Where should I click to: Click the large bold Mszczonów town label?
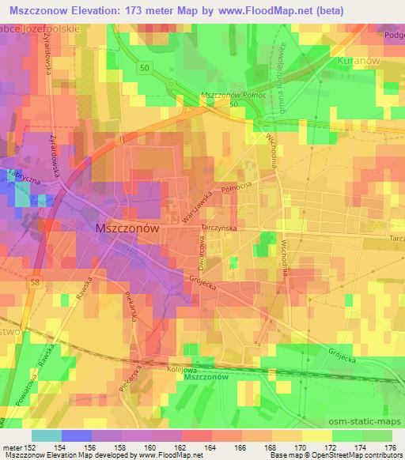coord(127,226)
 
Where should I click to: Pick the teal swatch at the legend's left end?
coord(46,435)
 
